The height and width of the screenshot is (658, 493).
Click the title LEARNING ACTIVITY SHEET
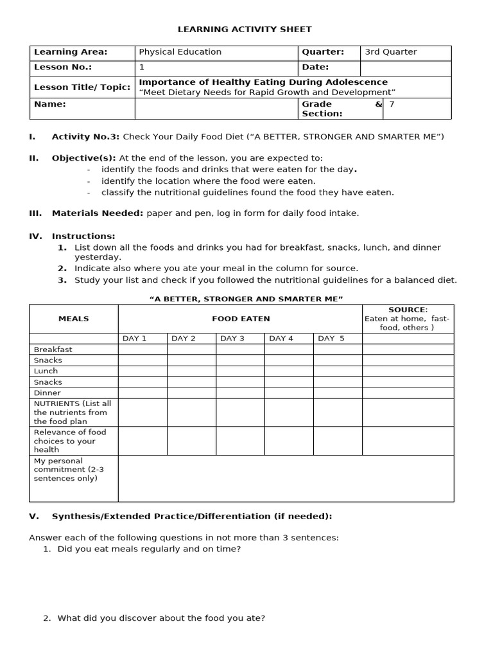click(245, 29)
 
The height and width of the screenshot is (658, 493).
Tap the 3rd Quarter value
click(390, 52)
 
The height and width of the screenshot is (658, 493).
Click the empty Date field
click(405, 67)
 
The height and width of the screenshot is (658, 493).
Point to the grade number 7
click(392, 104)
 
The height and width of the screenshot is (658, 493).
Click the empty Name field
click(216, 109)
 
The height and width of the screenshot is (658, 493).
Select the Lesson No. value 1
click(142, 67)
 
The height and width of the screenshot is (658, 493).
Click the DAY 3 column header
click(232, 339)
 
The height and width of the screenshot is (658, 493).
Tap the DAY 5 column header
click(331, 339)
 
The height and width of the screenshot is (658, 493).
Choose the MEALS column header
click(74, 319)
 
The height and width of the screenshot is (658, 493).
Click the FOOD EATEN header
click(241, 319)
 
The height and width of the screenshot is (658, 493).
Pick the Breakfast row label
click(53, 350)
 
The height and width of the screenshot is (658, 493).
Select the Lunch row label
click(46, 371)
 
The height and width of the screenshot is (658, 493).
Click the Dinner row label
click(48, 393)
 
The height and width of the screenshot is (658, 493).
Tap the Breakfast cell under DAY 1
click(143, 350)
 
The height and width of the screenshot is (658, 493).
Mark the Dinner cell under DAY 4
click(289, 393)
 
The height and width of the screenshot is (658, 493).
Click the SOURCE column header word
click(407, 310)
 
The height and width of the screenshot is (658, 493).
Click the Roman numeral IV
click(35, 236)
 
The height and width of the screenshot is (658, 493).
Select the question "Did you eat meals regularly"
click(149, 549)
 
